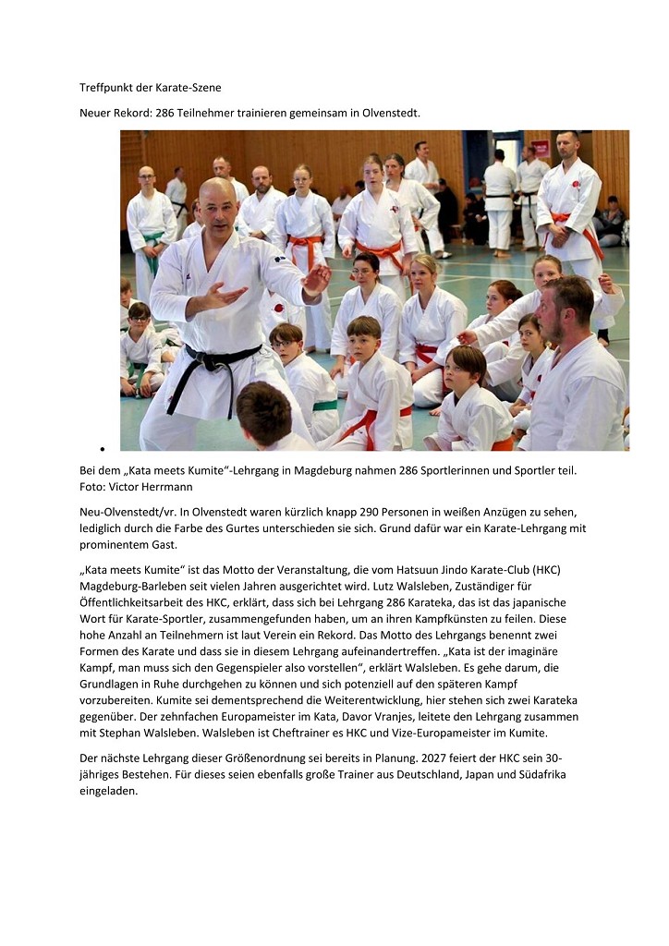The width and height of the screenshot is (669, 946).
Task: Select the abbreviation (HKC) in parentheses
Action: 543,569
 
